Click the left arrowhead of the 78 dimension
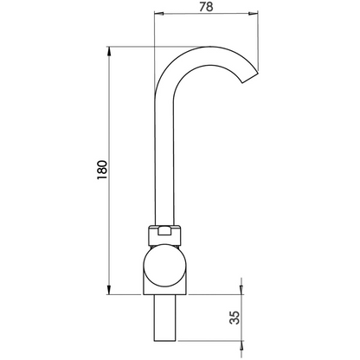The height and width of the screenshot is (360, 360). tap(157, 15)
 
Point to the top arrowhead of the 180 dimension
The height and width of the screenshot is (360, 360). tap(110, 51)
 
